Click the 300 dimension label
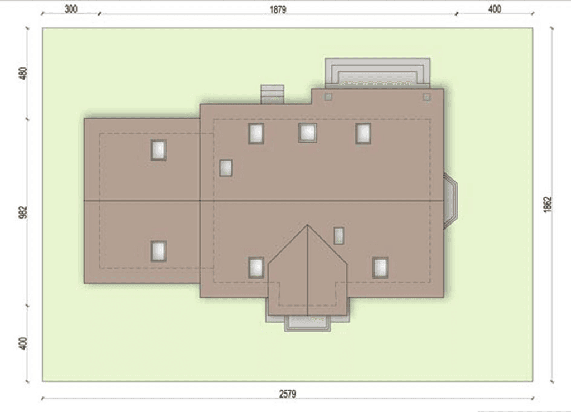(x=71, y=9)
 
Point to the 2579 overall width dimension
(x=287, y=394)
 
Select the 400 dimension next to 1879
(x=494, y=9)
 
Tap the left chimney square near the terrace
(x=328, y=97)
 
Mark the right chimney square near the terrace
(x=427, y=97)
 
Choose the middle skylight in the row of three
(x=307, y=133)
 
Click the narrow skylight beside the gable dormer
(x=338, y=235)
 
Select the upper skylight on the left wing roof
(x=158, y=150)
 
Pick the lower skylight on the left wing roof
(x=158, y=251)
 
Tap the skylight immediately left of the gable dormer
(x=256, y=268)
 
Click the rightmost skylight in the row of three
(x=364, y=134)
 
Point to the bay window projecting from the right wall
(x=451, y=201)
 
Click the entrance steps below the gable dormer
(x=308, y=323)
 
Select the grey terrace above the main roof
(x=378, y=73)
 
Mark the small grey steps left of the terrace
(x=272, y=94)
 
